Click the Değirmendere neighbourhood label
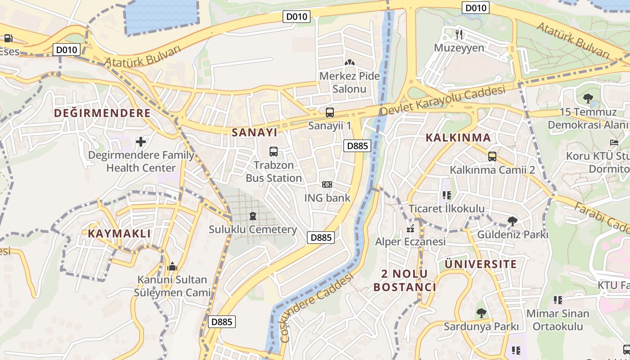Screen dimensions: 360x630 pyautogui.click(x=102, y=113)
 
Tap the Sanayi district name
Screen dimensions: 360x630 pyautogui.click(x=254, y=132)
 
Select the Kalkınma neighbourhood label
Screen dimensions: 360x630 pyautogui.click(x=458, y=138)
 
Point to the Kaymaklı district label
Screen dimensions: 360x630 pyautogui.click(x=119, y=234)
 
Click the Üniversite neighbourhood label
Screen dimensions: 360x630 pyautogui.click(x=481, y=264)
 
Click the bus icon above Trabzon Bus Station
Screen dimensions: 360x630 pyautogui.click(x=273, y=152)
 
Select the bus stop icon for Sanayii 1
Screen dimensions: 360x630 pyautogui.click(x=330, y=112)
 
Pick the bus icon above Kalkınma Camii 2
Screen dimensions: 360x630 pyautogui.click(x=492, y=157)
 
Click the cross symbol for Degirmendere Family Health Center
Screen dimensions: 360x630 pyautogui.click(x=141, y=142)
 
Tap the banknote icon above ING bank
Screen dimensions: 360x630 pyautogui.click(x=327, y=184)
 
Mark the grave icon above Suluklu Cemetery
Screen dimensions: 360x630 pyautogui.click(x=252, y=216)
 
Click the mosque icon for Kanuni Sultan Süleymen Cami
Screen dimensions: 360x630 pyautogui.click(x=172, y=267)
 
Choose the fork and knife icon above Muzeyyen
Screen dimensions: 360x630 pyautogui.click(x=459, y=34)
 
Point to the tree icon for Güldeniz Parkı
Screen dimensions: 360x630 pyautogui.click(x=512, y=221)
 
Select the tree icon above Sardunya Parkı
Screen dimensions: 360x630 pyautogui.click(x=481, y=313)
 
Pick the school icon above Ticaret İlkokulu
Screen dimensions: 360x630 pyautogui.click(x=446, y=195)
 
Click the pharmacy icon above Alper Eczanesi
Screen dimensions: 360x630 pyautogui.click(x=410, y=229)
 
